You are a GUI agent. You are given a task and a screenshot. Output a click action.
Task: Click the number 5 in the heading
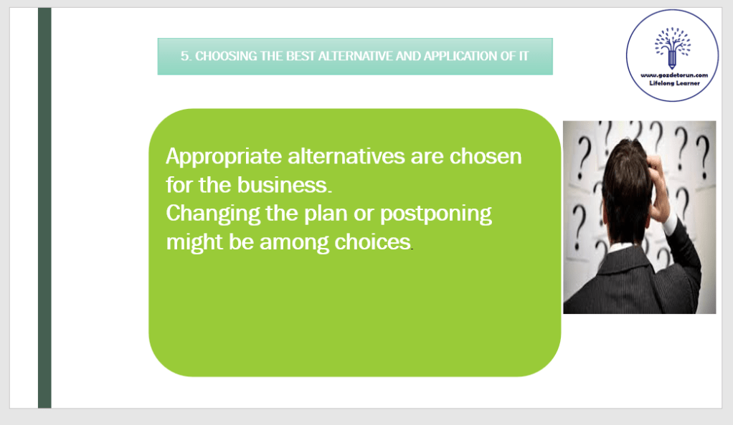[x=185, y=57]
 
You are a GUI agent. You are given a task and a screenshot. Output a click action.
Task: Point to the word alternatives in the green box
[x=346, y=156]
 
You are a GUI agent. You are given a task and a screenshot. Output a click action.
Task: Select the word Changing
[x=213, y=214]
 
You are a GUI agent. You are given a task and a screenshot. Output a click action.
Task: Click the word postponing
[x=435, y=214]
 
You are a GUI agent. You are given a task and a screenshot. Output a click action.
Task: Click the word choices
[x=373, y=242]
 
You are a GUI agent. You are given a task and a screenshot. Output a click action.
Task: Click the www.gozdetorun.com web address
[x=674, y=75]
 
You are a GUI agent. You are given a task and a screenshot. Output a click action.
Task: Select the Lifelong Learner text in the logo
[x=675, y=83]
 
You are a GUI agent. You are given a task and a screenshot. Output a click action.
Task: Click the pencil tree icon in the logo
[x=673, y=47]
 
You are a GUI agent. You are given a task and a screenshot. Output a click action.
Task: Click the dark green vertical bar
[x=44, y=208]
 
